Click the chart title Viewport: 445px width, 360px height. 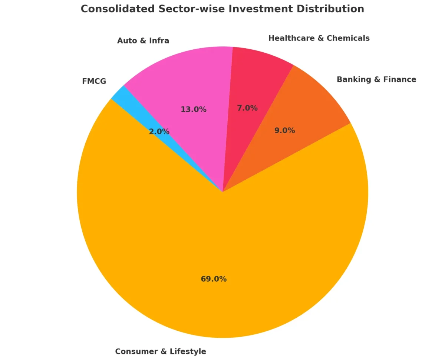[222, 9]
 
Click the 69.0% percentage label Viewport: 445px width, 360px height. [214, 279]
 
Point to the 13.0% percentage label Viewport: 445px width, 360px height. [194, 109]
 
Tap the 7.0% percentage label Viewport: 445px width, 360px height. [247, 108]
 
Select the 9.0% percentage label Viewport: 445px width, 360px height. [285, 131]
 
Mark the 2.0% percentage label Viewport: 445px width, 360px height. [159, 132]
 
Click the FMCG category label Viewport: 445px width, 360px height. [94, 81]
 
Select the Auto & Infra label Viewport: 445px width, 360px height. [143, 41]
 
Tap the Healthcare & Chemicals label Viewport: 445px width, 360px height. [319, 38]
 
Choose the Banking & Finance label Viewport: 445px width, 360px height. [376, 79]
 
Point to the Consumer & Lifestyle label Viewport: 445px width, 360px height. [161, 351]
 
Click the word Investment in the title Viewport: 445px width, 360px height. [251, 9]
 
